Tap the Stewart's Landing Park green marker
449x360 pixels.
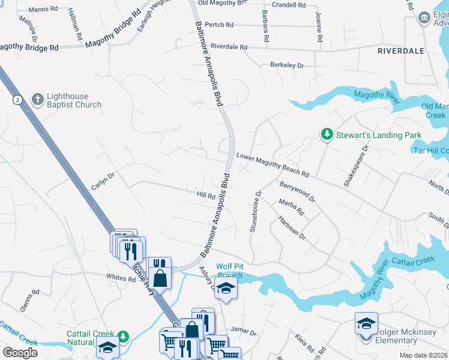pyautogui.click(x=327, y=134)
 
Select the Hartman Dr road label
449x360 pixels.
pyautogui.click(x=292, y=228)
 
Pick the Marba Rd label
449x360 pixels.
pyautogui.click(x=292, y=208)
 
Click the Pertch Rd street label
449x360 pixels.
pyautogui.click(x=218, y=25)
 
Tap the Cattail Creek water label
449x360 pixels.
pyautogui.click(x=412, y=261)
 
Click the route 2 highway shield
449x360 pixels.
pyautogui.click(x=18, y=100)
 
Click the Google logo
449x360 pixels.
pyautogui.click(x=20, y=352)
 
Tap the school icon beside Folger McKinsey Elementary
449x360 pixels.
pyautogui.click(x=366, y=324)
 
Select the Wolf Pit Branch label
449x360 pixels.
pyautogui.click(x=229, y=271)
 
